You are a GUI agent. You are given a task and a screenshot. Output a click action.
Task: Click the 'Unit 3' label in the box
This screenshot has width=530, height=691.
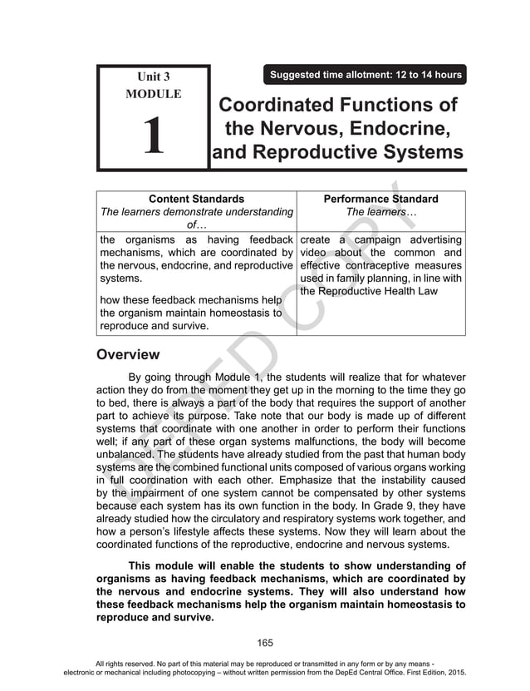click(x=153, y=77)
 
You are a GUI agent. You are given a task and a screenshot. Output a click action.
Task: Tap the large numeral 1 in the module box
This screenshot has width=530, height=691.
click(x=153, y=136)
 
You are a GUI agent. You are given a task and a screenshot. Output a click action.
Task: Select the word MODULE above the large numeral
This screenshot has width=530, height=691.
click(x=153, y=94)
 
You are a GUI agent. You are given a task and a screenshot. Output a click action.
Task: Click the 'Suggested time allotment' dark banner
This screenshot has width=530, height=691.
click(x=366, y=75)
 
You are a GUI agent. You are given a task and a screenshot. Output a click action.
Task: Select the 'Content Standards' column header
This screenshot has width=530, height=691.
click(x=196, y=199)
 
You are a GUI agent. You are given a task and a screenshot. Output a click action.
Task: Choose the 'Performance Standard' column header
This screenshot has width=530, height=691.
click(x=380, y=199)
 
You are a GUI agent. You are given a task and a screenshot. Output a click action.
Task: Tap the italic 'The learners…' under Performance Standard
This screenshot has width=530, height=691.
click(x=380, y=212)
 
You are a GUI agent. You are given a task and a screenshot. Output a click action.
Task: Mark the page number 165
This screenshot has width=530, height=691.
click(x=265, y=642)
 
